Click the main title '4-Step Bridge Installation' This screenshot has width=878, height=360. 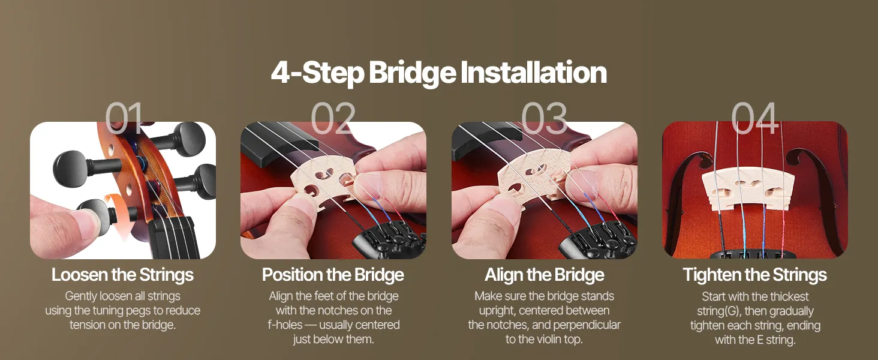[x=438, y=73]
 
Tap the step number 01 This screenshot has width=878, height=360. [x=124, y=118]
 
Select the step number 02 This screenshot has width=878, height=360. [x=333, y=118]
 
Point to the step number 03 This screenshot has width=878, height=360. [x=544, y=118]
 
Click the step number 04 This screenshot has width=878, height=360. [x=754, y=118]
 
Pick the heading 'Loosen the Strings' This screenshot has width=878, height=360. [x=123, y=275]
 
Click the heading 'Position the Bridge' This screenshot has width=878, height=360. [x=333, y=275]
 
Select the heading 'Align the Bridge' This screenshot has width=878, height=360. [x=545, y=275]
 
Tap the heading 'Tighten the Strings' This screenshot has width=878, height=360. [x=755, y=275]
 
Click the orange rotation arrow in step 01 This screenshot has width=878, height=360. [x=119, y=214]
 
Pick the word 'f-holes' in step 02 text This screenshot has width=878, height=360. [x=285, y=325]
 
